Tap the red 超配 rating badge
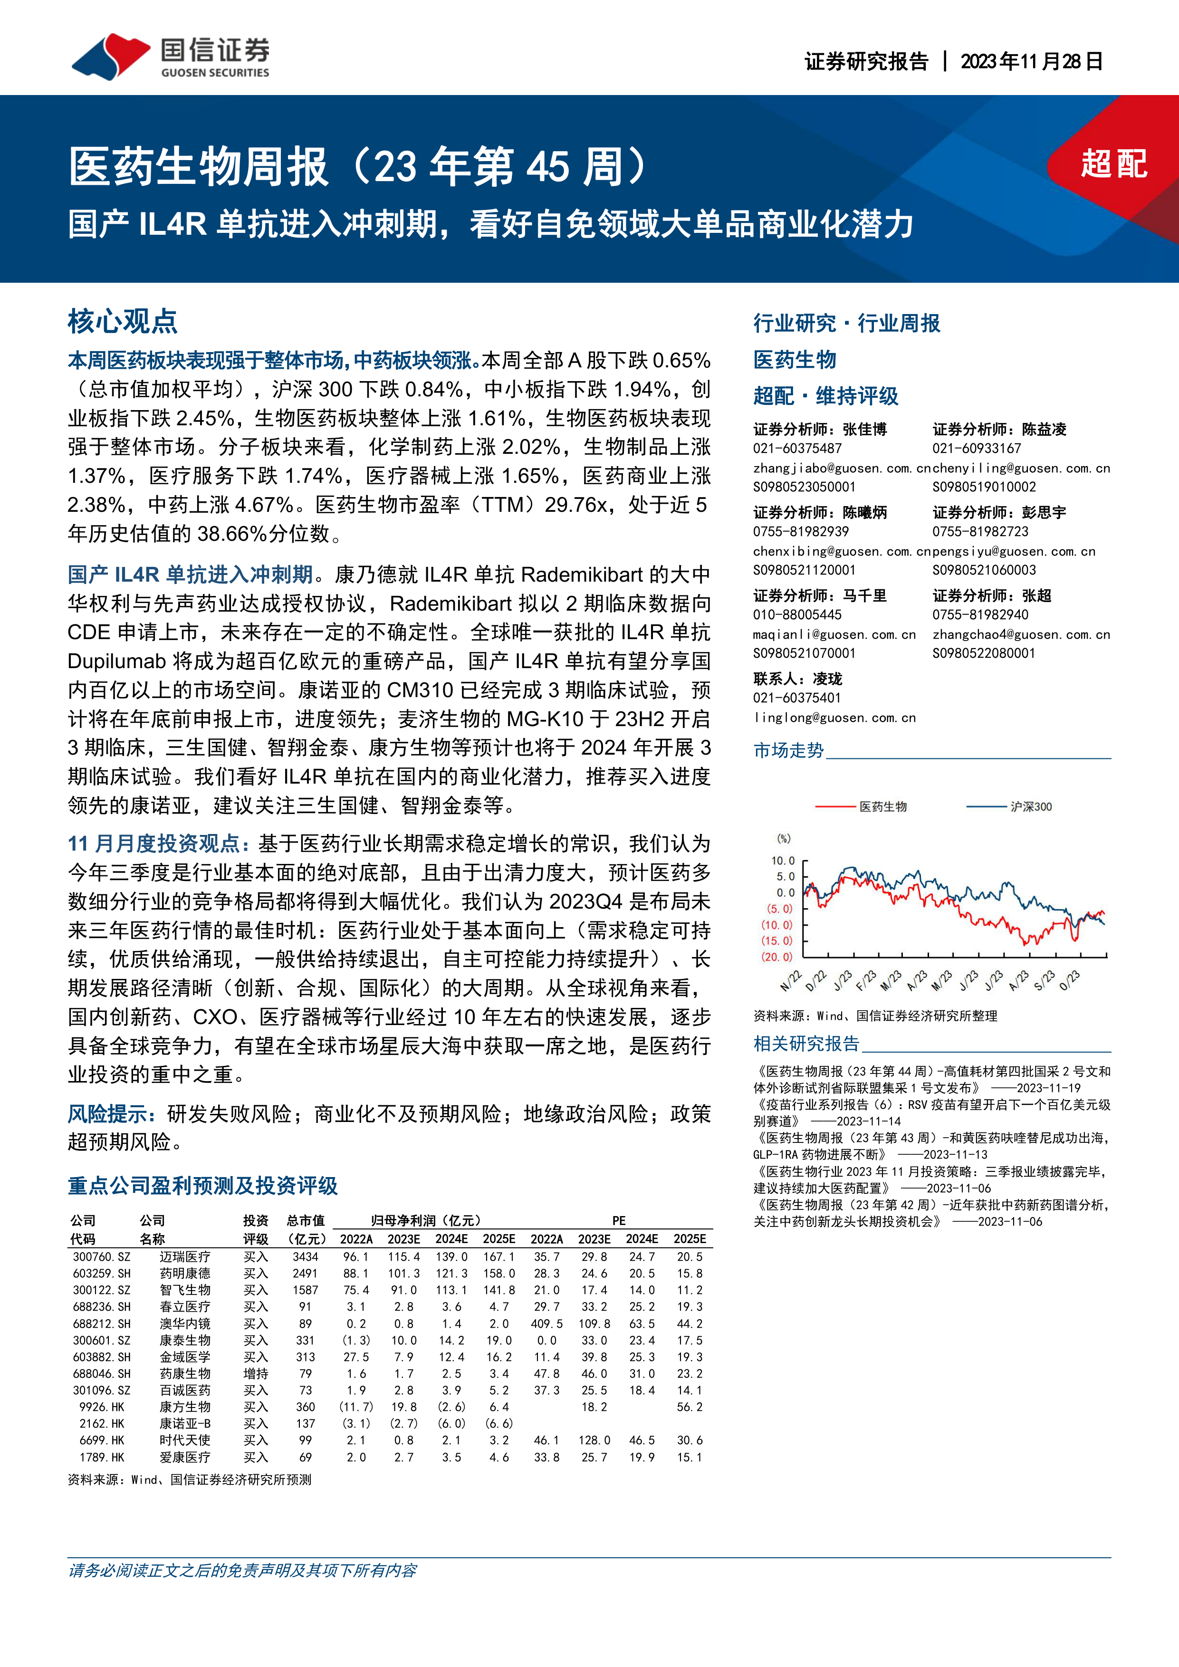click(x=1113, y=164)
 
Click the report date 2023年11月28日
click(x=1031, y=62)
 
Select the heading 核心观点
click(x=123, y=321)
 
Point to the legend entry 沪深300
click(x=1030, y=806)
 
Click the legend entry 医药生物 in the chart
click(x=883, y=806)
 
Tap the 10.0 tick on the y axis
click(x=783, y=861)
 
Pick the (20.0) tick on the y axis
click(x=777, y=957)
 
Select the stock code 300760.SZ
click(x=102, y=1257)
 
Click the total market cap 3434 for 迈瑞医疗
click(x=306, y=1257)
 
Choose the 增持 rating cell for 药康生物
click(x=256, y=1374)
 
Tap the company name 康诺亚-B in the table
click(x=185, y=1424)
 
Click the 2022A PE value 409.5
click(x=546, y=1323)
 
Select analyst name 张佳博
click(x=865, y=429)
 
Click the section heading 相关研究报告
click(x=806, y=1044)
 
